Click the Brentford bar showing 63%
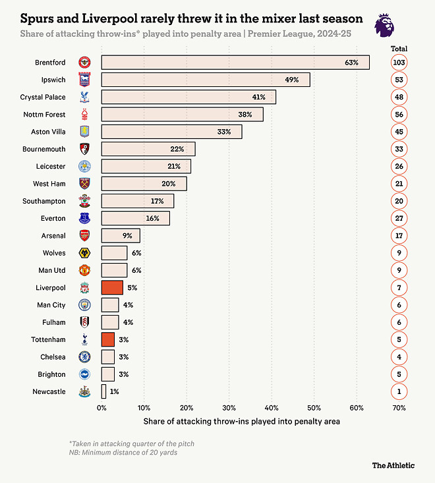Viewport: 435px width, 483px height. coord(235,63)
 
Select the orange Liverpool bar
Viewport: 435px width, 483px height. coord(112,288)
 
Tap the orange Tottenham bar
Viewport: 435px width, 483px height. coord(108,339)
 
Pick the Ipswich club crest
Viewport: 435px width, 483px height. coord(85,80)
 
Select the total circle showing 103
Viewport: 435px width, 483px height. coord(398,63)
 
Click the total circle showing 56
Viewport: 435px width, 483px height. coord(398,114)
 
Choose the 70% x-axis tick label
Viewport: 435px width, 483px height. coord(399,409)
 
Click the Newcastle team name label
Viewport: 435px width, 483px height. coord(49,391)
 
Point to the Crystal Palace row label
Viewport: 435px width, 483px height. coord(43,97)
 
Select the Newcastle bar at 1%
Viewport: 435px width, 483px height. coord(103,391)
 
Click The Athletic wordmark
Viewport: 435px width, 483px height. coord(393,465)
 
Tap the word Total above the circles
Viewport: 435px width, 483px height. coord(399,49)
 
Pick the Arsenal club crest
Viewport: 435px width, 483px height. coord(85,235)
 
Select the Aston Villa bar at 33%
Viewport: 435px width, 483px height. coord(171,132)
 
